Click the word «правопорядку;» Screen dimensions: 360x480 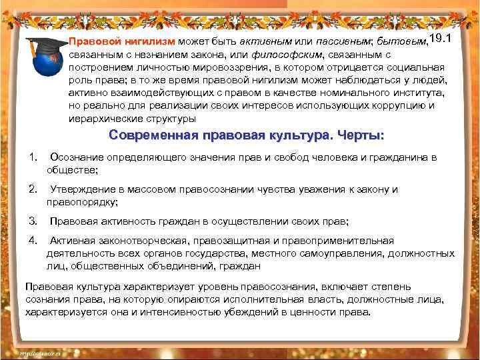tap(82, 202)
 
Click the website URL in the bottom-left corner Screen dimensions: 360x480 tap(41, 353)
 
